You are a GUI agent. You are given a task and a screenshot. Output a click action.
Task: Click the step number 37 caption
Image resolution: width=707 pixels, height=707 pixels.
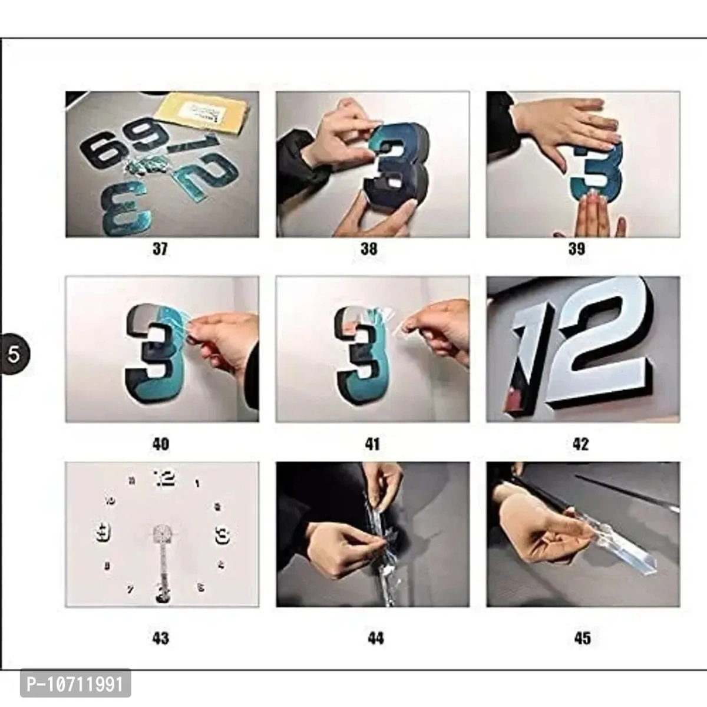160,249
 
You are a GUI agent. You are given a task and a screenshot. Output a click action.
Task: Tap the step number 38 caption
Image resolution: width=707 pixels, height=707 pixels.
369,249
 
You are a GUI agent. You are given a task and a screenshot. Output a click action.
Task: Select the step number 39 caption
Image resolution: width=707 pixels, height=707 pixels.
577,249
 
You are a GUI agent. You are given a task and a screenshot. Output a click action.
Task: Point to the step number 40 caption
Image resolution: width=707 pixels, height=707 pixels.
160,444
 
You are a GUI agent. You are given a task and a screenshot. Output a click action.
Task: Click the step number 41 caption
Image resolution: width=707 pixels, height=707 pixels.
372,444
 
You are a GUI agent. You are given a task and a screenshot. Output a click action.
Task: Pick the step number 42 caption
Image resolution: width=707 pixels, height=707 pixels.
580,444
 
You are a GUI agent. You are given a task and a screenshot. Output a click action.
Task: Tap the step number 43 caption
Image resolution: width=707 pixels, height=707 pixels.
160,638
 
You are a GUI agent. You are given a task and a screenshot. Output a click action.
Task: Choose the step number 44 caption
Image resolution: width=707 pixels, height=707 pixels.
376,638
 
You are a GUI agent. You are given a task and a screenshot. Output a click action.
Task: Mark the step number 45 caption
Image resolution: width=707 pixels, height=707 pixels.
582,638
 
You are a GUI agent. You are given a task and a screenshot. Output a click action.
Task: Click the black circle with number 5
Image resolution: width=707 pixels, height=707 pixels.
14,354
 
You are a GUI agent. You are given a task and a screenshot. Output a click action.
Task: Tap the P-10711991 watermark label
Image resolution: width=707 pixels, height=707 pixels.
75,684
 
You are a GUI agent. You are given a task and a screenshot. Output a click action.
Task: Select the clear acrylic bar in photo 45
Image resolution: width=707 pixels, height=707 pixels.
619,545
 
